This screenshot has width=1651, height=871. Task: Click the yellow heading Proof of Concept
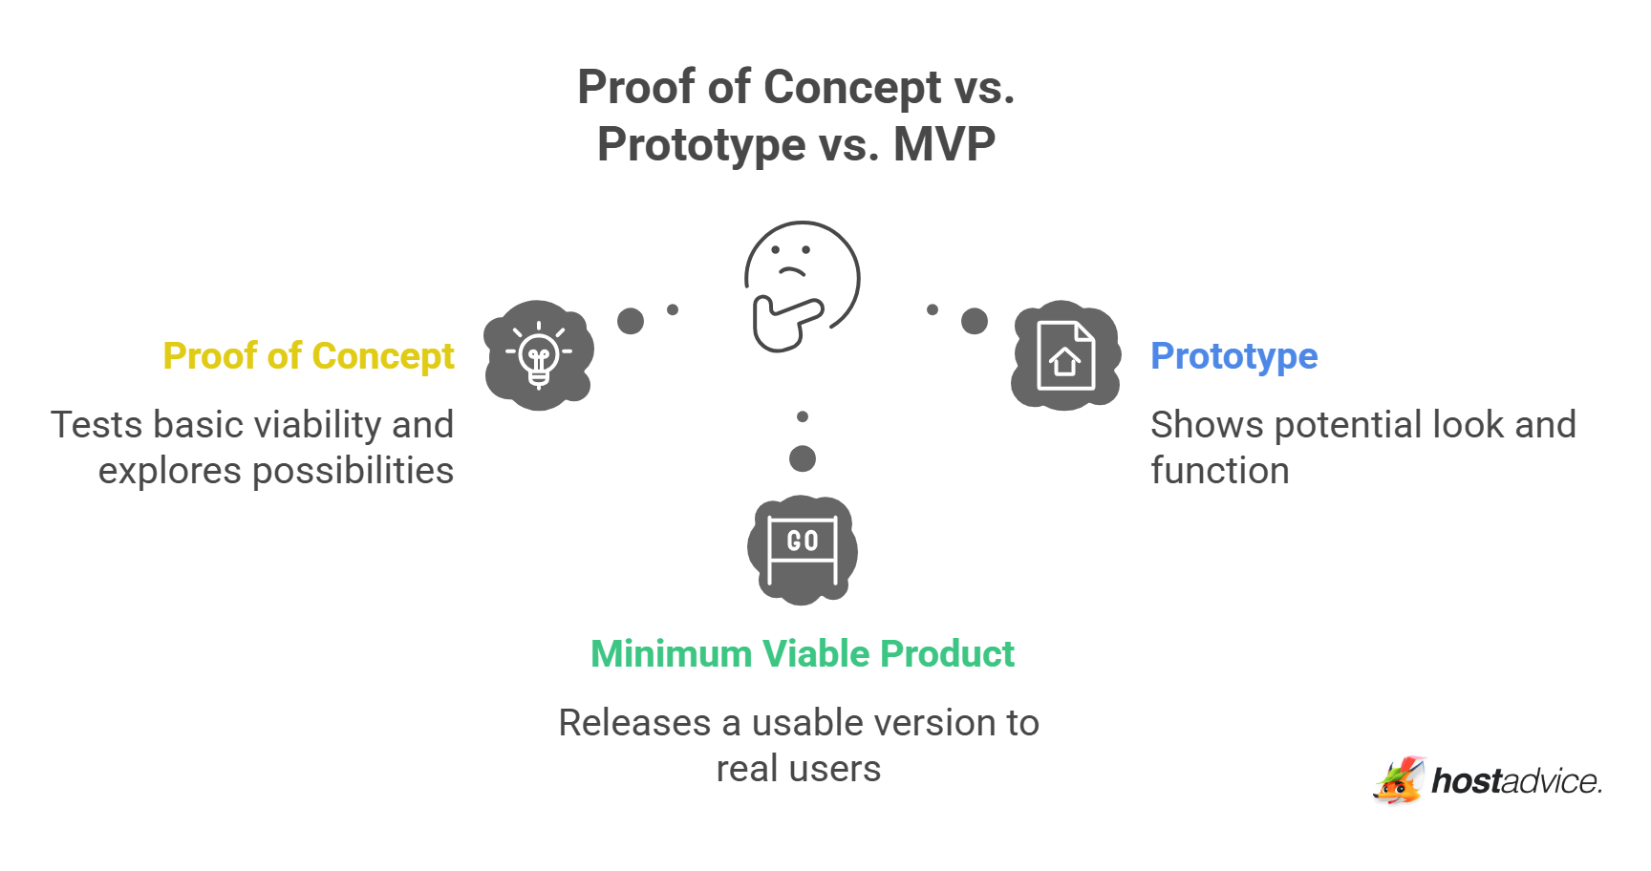(308, 356)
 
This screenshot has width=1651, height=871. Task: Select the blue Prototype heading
(1233, 356)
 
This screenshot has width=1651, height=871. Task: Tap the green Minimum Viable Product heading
(802, 654)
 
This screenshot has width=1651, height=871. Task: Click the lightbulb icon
(539, 355)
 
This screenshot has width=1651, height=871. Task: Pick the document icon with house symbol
(1065, 356)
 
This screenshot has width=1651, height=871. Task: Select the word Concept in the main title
(852, 88)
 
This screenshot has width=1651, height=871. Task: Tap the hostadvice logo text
(1515, 781)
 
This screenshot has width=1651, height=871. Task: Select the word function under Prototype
(1219, 471)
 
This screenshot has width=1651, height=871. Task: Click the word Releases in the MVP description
(634, 723)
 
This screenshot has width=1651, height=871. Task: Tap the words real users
(799, 769)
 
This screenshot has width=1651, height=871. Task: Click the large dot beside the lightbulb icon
(631, 321)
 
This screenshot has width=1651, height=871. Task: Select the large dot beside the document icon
(975, 321)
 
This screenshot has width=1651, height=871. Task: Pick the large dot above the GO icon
(803, 458)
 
